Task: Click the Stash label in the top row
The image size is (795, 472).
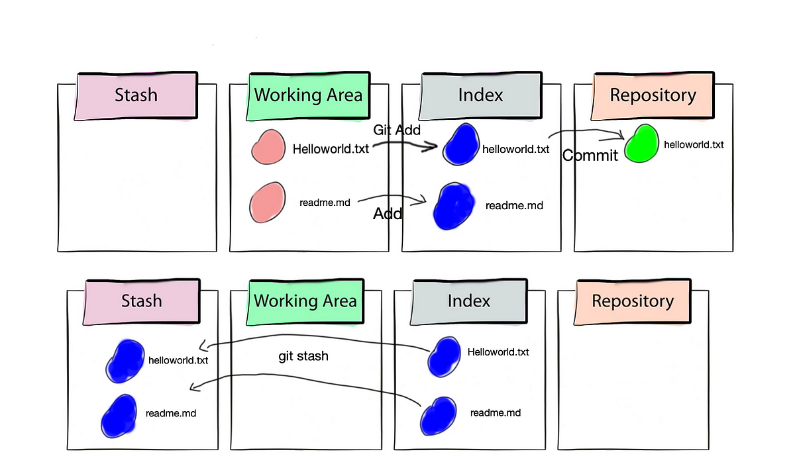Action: pyautogui.click(x=136, y=96)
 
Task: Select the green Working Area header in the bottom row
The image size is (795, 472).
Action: pyautogui.click(x=305, y=302)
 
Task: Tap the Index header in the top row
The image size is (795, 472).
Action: pyautogui.click(x=480, y=96)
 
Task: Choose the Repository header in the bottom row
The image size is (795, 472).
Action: pyautogui.click(x=633, y=302)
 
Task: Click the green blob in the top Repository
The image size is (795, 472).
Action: pyautogui.click(x=641, y=143)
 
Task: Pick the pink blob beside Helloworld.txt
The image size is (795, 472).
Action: pyautogui.click(x=268, y=147)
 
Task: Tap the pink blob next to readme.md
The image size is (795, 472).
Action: pyautogui.click(x=267, y=203)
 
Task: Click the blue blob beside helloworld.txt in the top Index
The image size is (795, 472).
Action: pyautogui.click(x=460, y=144)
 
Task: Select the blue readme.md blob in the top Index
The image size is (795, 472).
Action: pyautogui.click(x=454, y=206)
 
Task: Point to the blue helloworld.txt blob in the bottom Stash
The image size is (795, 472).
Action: pyautogui.click(x=125, y=361)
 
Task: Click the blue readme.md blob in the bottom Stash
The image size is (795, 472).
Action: pyautogui.click(x=119, y=416)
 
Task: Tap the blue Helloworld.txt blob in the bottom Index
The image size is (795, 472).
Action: pyautogui.click(x=444, y=357)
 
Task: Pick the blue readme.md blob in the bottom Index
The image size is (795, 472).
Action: pyautogui.click(x=439, y=416)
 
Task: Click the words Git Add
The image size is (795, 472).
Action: pyautogui.click(x=397, y=130)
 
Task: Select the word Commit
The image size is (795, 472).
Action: pyautogui.click(x=590, y=156)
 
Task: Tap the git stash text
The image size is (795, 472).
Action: pyautogui.click(x=303, y=356)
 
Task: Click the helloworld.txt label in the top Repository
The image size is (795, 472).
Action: pyautogui.click(x=694, y=145)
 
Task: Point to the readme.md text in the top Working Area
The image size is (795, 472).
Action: pyautogui.click(x=325, y=203)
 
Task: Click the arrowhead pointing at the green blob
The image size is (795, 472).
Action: pyautogui.click(x=621, y=135)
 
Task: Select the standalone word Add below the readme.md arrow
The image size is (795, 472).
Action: pyautogui.click(x=388, y=213)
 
